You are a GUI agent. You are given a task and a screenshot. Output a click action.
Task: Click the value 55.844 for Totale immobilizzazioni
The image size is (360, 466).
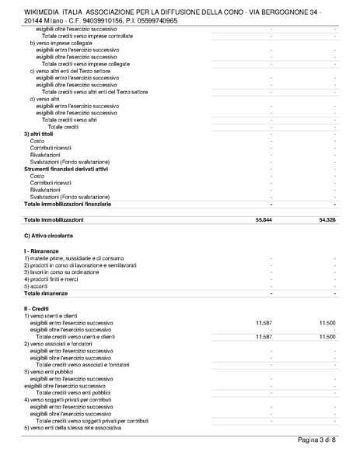point(263,220)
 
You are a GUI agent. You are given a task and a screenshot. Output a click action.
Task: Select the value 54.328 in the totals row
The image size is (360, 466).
point(327,220)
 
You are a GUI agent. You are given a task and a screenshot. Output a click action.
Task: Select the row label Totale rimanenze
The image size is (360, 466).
point(46,293)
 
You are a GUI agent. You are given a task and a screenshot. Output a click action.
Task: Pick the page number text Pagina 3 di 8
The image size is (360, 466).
point(317,442)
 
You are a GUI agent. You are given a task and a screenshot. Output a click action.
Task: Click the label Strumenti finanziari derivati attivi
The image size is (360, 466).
point(66,169)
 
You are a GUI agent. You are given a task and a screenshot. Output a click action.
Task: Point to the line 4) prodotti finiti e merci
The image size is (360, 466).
point(51,279)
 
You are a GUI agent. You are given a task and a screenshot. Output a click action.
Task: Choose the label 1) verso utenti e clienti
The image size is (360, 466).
point(54,315)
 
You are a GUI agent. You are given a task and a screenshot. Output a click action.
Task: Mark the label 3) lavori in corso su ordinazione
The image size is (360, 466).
point(62,272)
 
